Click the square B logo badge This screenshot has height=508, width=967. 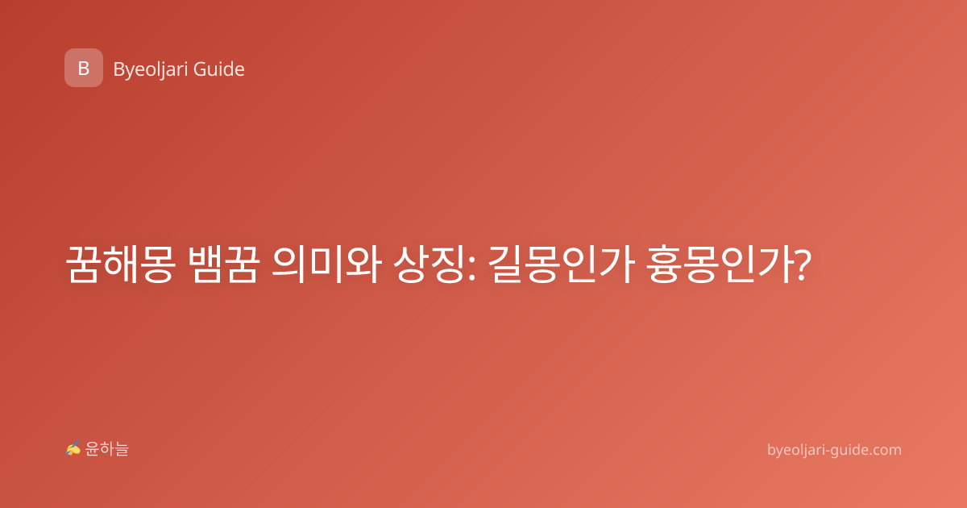click(84, 68)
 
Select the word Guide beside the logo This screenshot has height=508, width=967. click(219, 69)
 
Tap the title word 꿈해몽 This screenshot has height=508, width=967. click(121, 264)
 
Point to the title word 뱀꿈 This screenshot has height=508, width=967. click(224, 264)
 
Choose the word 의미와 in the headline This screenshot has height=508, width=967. click(327, 264)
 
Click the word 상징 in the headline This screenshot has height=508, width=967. click(430, 264)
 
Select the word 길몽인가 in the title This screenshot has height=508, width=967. click(561, 264)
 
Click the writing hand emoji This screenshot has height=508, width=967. click(73, 448)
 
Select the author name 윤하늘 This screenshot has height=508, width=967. click(106, 449)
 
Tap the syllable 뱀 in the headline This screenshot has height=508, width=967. click(206, 264)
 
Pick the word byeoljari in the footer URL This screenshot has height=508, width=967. click(796, 451)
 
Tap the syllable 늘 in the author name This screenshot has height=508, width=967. click(122, 449)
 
